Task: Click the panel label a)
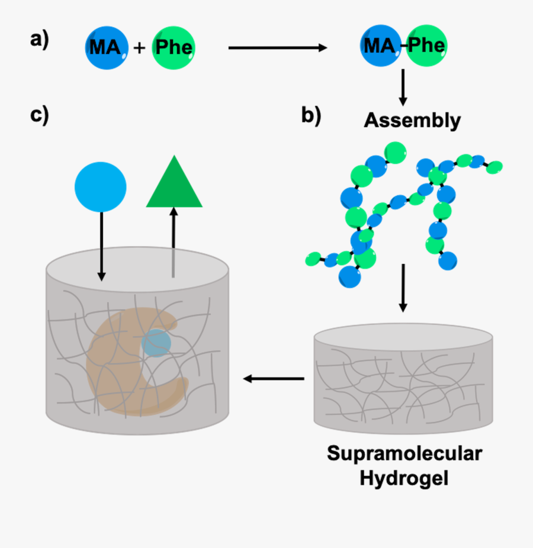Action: coord(39,40)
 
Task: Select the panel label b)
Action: coord(311,114)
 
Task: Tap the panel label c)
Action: coord(39,114)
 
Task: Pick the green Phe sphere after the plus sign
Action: coord(174,47)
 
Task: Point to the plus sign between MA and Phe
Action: coord(140,48)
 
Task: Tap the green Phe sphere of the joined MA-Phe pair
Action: coord(426,46)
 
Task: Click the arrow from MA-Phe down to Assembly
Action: coord(403,87)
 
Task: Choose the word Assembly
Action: coord(412,120)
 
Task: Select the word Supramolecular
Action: coord(404,454)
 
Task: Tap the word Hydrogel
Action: coord(404,477)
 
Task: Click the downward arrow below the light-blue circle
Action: coord(101,246)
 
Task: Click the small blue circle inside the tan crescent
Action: coord(156,343)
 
